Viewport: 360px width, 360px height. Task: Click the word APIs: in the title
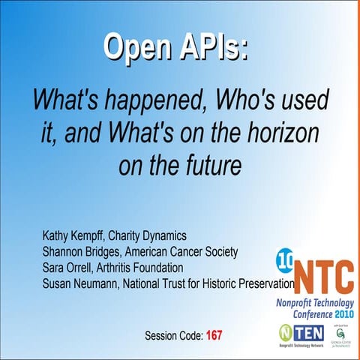click(212, 47)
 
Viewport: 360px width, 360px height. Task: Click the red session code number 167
click(214, 334)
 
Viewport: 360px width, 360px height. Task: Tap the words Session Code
click(173, 334)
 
